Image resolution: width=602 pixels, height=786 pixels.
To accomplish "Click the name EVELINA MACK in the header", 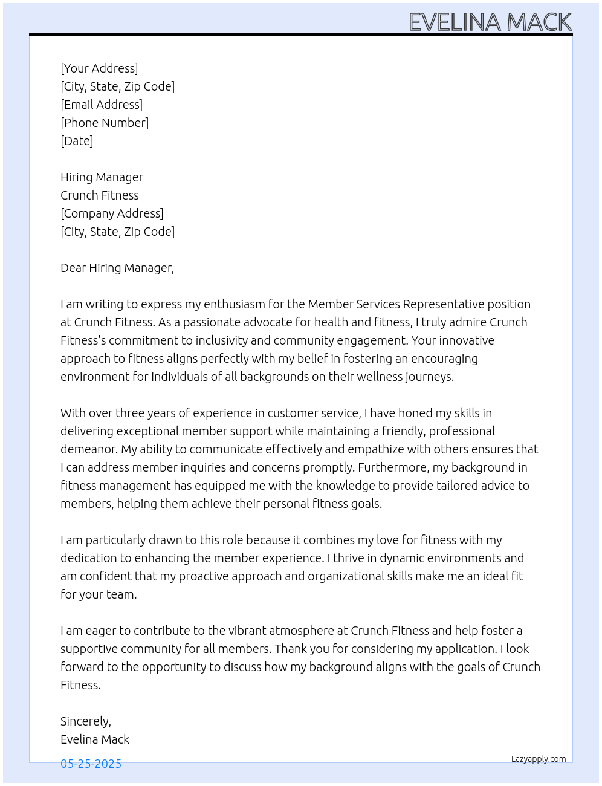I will tap(490, 22).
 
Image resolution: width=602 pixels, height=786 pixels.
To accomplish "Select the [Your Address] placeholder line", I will tap(99, 68).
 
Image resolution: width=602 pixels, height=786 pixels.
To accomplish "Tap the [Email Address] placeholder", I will tap(102, 105).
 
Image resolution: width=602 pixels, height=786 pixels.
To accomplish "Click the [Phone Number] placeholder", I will tap(105, 123).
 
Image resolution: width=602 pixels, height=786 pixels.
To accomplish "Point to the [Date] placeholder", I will tap(77, 141).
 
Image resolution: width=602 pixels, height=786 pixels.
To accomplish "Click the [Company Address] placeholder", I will tap(112, 213).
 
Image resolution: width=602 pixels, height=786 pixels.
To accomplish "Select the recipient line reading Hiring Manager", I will tap(102, 177).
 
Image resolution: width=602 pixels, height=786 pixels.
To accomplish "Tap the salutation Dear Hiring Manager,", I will tap(117, 268).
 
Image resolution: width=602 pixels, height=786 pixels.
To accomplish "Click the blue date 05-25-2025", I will tap(91, 764).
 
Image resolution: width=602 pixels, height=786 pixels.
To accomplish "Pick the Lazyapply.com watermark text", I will tap(539, 759).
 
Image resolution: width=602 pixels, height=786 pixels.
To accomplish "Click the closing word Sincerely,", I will tap(86, 721).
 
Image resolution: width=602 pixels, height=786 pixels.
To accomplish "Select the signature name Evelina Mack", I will tap(95, 739).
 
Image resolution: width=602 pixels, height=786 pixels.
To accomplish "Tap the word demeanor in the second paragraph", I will tap(88, 449).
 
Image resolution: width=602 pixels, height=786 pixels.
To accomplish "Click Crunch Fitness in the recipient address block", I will tap(100, 195).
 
